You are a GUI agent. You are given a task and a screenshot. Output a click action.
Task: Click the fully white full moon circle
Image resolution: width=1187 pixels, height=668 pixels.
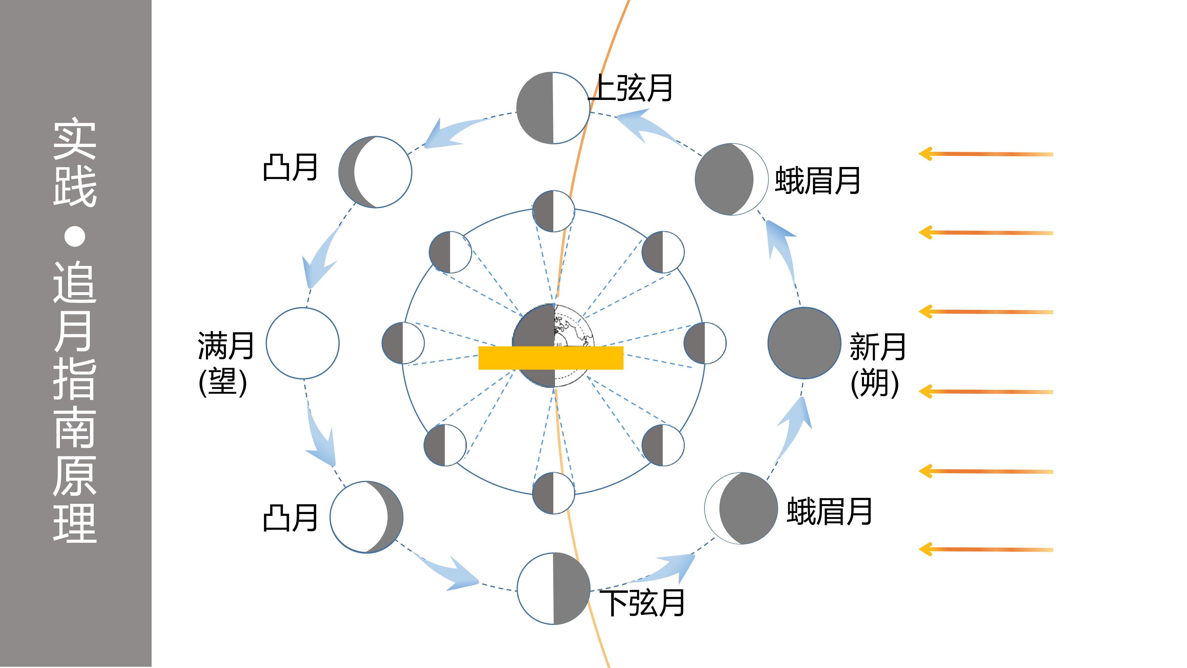[303, 343]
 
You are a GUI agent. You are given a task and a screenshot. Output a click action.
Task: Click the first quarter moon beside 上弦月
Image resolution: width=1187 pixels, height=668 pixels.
[553, 108]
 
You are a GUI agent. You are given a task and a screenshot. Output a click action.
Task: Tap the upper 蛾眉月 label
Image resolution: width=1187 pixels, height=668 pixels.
[817, 180]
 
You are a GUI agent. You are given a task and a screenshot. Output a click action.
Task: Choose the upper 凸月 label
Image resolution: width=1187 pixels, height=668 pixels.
[290, 167]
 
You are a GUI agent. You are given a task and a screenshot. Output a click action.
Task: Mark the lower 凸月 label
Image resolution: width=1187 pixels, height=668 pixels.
[290, 517]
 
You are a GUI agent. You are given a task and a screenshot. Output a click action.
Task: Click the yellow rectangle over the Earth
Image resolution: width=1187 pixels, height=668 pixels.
[551, 358]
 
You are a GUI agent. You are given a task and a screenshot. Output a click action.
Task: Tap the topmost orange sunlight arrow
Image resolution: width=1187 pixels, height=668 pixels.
[986, 153]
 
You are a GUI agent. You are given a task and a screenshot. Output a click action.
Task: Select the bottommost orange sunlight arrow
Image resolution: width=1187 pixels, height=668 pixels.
[986, 549]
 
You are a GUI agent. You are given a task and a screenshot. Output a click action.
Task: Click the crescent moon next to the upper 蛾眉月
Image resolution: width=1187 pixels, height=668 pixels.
[732, 179]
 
